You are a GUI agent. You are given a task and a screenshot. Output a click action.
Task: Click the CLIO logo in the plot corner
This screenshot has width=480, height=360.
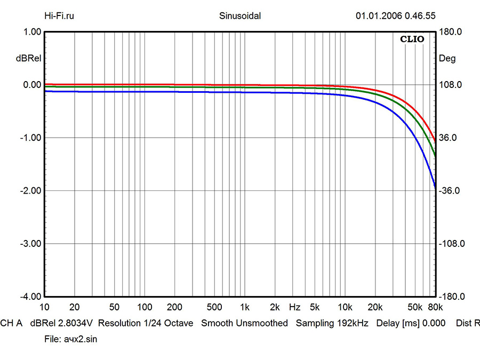point(413,39)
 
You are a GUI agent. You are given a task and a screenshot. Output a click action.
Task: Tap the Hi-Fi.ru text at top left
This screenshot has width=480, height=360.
point(59,15)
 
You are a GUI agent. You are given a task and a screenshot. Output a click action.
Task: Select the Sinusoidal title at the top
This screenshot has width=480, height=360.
point(240,15)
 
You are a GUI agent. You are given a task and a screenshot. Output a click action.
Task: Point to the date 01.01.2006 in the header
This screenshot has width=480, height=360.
point(379,15)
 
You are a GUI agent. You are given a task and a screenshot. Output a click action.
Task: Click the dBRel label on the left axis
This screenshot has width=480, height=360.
point(27,59)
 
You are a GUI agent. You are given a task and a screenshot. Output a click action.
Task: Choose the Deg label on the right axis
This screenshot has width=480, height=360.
point(447,59)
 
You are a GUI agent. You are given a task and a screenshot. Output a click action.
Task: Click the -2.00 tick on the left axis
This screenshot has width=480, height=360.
point(30,190)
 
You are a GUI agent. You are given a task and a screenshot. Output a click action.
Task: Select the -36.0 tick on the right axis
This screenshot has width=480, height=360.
point(449,190)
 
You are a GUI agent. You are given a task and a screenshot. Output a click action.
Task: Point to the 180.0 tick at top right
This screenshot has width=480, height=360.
point(449,32)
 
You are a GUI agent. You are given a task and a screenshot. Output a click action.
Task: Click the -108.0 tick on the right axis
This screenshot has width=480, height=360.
point(451,243)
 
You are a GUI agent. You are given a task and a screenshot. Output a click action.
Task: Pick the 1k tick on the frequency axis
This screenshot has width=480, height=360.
point(245,307)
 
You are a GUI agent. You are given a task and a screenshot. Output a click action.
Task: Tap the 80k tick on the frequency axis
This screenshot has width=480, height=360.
point(436,307)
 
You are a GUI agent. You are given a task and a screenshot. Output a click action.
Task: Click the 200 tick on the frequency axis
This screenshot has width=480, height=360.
point(174,307)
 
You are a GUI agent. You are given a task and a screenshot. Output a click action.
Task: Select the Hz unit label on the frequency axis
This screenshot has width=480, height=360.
point(294,307)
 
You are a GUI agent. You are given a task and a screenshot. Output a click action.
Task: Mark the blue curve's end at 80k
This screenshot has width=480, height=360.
point(436,187)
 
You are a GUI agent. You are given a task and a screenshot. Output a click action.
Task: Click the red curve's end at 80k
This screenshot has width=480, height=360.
point(436,142)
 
